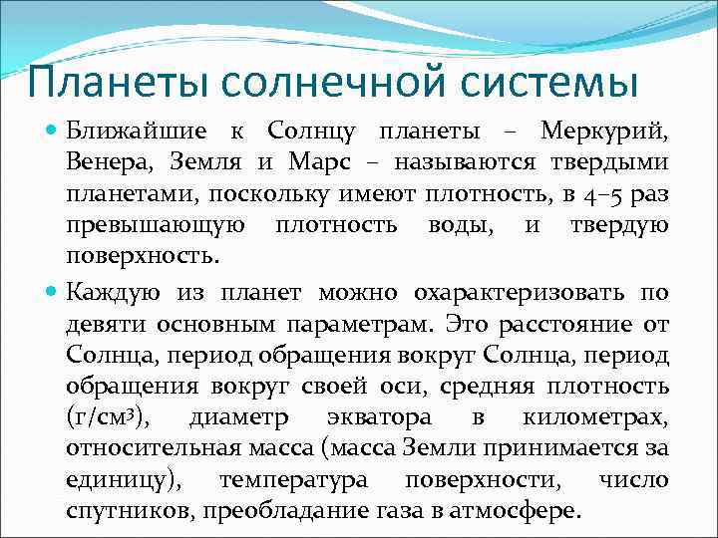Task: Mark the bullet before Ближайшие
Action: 51,132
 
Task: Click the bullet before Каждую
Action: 51,293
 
